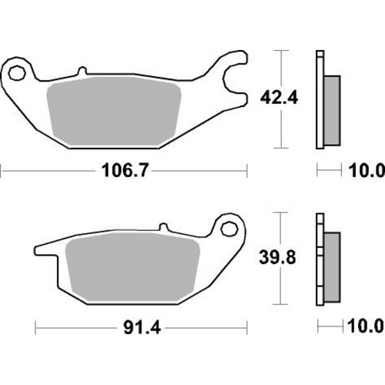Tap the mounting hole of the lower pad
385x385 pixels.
pyautogui.click(x=228, y=229)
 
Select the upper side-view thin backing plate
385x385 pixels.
pyautogui.click(x=320, y=100)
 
